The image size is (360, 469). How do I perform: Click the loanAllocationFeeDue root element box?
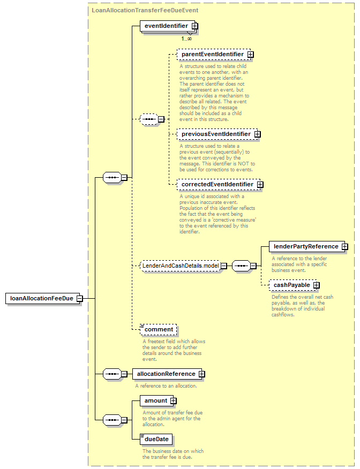(x=43, y=298)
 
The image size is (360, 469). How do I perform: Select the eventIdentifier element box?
(x=168, y=26)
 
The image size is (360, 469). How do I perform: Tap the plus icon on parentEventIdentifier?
(x=251, y=55)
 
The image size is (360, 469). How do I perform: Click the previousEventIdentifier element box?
(x=217, y=134)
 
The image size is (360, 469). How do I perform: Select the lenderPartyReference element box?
(x=307, y=246)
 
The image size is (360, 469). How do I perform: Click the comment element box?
(x=159, y=329)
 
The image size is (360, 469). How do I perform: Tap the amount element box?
(x=156, y=400)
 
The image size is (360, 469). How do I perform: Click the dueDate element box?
(x=156, y=439)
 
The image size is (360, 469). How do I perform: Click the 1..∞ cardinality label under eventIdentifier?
(x=186, y=39)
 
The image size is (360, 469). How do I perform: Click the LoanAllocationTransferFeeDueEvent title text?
(x=145, y=10)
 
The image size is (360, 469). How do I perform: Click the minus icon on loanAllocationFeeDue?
(x=80, y=299)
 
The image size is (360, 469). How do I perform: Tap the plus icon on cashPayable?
(x=316, y=285)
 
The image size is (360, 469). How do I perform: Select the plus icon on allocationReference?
(x=201, y=374)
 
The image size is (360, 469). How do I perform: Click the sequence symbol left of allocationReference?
(x=112, y=374)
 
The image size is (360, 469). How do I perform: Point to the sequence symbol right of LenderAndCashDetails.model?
(x=242, y=266)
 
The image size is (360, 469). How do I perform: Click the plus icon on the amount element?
(x=173, y=401)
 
